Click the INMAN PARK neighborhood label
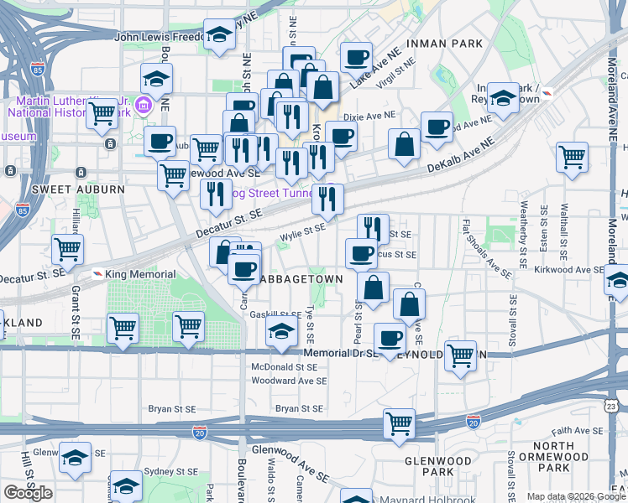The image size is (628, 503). [445, 43]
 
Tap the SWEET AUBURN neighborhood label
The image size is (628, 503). [78, 189]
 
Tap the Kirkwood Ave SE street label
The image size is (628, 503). [568, 270]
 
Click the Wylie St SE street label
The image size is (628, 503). [302, 226]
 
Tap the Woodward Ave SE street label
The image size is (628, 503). [290, 381]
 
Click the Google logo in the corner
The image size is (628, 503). [28, 493]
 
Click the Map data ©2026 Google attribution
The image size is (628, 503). [575, 496]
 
